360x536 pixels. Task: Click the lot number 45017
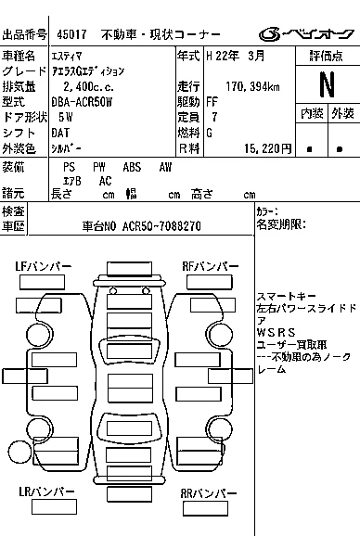(71, 34)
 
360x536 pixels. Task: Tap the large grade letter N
(328, 84)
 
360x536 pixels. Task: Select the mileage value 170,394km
(252, 86)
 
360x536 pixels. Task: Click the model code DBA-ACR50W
(82, 102)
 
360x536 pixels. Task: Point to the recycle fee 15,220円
(268, 148)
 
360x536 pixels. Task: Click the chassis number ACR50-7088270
(161, 226)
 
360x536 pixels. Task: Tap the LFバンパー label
(44, 266)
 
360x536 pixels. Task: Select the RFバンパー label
(211, 266)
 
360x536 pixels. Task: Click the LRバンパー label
(46, 491)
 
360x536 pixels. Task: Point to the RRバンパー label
(209, 493)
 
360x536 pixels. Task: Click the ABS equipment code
(132, 167)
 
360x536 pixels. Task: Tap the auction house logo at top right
(306, 33)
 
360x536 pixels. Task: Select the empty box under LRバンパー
(54, 506)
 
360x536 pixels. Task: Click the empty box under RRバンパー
(205, 508)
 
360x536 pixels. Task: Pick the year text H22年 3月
(236, 56)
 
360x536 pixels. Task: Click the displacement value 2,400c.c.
(88, 86)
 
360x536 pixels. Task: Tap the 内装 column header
(312, 113)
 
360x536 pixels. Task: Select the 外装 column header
(342, 113)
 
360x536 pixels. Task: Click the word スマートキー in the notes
(281, 297)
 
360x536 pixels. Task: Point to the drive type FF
(212, 102)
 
